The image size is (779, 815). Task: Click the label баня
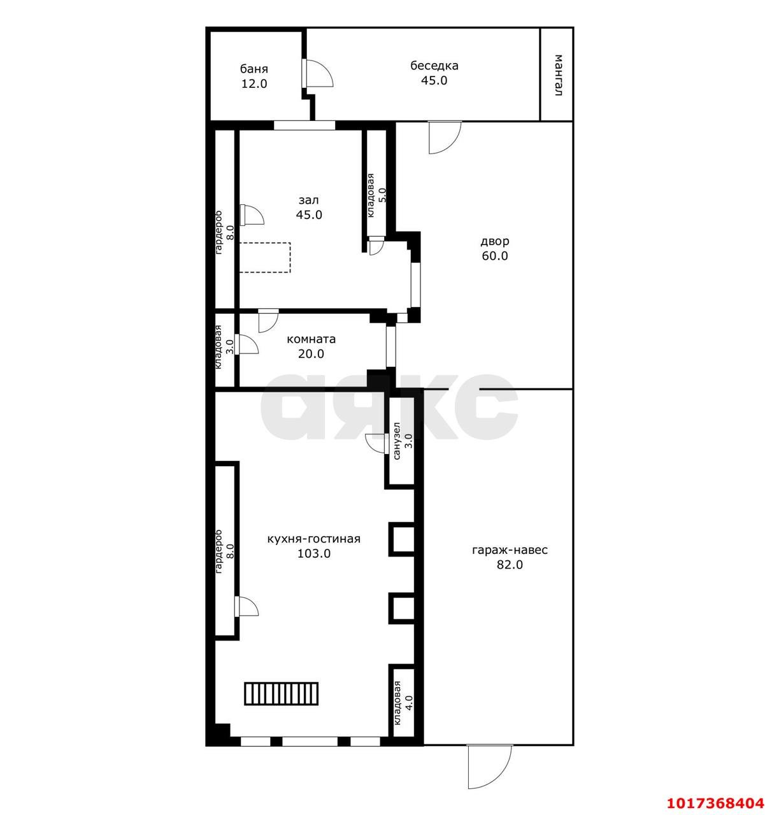(x=254, y=69)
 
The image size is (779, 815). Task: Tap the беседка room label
(x=434, y=66)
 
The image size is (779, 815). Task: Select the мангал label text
(x=558, y=75)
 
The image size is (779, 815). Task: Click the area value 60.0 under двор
(x=494, y=255)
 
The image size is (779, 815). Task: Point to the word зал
(x=309, y=200)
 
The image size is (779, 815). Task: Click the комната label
(x=311, y=339)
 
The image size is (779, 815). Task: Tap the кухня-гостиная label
(x=314, y=539)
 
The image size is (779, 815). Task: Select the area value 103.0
(x=314, y=554)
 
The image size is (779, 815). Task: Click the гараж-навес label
(x=510, y=550)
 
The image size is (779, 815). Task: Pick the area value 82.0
(x=510, y=565)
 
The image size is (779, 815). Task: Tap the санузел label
(x=396, y=441)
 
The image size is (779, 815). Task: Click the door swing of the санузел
(x=375, y=443)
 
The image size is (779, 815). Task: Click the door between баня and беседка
(x=317, y=73)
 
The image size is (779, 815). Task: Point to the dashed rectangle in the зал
(x=264, y=257)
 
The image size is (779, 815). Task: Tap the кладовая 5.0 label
(x=376, y=195)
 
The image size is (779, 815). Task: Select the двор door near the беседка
(x=445, y=138)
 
